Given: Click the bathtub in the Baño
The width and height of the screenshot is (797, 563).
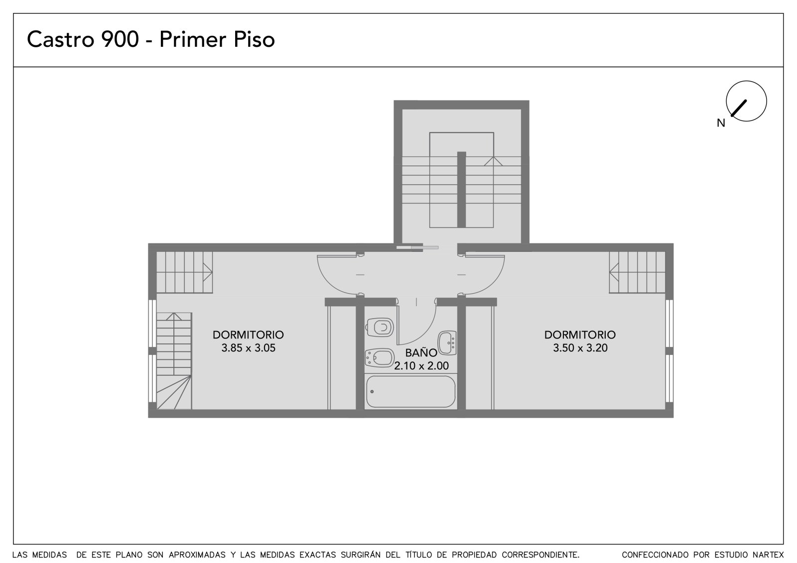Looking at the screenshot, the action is (x=410, y=392).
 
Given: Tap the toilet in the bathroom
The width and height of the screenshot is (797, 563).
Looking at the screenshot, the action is (x=379, y=327).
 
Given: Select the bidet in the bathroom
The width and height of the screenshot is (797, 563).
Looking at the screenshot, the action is (x=379, y=358).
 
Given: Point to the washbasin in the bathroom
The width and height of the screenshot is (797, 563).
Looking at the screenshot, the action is (x=447, y=343).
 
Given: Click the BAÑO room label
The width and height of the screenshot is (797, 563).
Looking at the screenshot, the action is (x=421, y=353).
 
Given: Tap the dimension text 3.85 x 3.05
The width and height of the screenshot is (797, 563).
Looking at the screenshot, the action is (x=249, y=348).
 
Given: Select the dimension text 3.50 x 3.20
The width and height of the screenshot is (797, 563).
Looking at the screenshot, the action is (x=580, y=348).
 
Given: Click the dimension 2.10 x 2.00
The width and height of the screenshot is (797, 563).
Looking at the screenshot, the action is (x=421, y=365).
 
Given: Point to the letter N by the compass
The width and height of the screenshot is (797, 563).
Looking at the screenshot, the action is (x=721, y=123).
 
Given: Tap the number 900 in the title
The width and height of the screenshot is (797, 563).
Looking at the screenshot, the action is (x=120, y=39).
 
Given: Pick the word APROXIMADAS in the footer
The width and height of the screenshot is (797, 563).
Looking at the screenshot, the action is (x=197, y=555).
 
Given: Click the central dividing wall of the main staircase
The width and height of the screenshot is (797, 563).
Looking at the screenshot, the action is (x=461, y=190).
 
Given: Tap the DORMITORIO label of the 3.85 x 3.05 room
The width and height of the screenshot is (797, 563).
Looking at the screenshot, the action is (x=249, y=335).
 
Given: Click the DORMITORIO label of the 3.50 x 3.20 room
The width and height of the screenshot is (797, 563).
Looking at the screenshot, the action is (x=580, y=335).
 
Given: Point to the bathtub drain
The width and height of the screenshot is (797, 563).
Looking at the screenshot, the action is (x=372, y=392).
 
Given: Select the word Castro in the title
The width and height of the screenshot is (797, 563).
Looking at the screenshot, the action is (x=61, y=39).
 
